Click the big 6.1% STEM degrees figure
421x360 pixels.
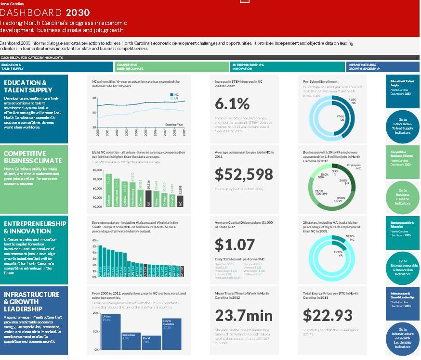(232, 103)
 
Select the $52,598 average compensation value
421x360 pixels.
(244, 174)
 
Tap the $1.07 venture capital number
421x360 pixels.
(235, 244)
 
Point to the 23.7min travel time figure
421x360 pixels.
(244, 315)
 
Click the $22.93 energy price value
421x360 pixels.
(328, 315)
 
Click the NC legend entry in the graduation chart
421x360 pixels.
(174, 95)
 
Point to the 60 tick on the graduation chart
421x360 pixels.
(94, 98)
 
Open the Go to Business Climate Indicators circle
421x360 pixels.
(402, 197)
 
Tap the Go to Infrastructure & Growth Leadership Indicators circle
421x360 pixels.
(402, 338)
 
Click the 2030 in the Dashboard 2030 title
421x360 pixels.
(78, 13)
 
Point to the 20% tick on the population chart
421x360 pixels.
(96, 313)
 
